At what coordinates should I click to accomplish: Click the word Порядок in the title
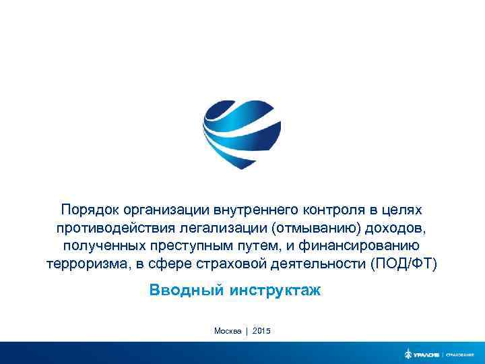pyautogui.click(x=91, y=210)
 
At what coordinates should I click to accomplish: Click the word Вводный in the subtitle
pyautogui.click(x=187, y=291)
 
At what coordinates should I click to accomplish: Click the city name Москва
pyautogui.click(x=228, y=330)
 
